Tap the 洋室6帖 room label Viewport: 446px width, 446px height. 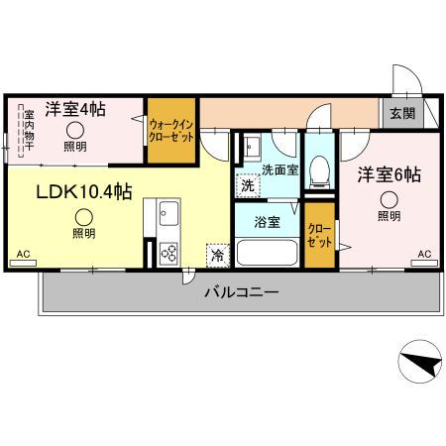point(389,174)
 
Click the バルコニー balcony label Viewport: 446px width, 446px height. point(241,292)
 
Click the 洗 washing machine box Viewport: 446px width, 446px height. point(247,185)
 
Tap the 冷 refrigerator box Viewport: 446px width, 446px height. point(217,254)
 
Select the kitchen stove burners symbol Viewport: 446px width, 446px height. point(167,252)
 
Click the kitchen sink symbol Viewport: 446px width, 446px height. point(167,212)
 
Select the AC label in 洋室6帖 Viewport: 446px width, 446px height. point(423,255)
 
